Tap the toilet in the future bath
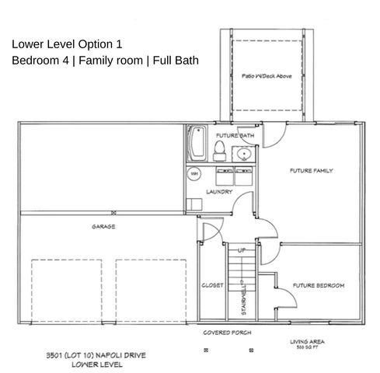pyautogui.click(x=219, y=148)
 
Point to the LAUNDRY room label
pyautogui.click(x=218, y=191)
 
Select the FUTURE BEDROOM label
pyautogui.click(x=318, y=285)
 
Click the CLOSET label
pyautogui.click(x=211, y=285)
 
